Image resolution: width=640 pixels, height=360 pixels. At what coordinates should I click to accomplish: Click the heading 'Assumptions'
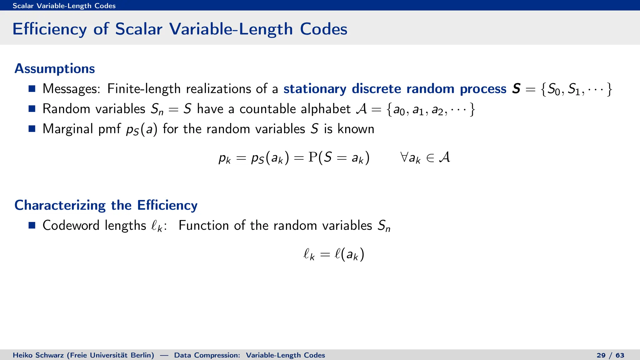(x=55, y=69)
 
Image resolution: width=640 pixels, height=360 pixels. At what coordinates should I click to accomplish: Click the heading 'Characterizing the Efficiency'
(x=106, y=205)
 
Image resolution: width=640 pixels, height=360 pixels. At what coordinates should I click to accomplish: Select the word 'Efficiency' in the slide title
(x=49, y=29)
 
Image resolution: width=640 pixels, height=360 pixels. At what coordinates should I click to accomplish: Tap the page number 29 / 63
(x=610, y=355)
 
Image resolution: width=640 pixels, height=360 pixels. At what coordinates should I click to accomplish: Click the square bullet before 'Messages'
(x=32, y=89)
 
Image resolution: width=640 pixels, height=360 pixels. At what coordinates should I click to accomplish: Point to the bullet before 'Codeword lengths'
(x=32, y=225)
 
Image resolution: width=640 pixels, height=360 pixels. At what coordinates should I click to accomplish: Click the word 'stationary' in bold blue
(x=315, y=89)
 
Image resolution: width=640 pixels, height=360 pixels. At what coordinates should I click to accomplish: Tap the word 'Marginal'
(x=68, y=129)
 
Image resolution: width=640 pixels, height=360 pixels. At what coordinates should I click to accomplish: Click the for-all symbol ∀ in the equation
(x=404, y=157)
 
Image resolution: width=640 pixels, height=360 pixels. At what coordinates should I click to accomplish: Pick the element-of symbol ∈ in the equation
(x=430, y=158)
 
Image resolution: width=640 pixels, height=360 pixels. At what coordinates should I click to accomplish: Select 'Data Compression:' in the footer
(x=207, y=355)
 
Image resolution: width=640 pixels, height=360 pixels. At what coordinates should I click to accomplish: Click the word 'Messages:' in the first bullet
(x=72, y=89)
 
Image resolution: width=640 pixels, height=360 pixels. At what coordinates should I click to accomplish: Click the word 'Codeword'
(x=71, y=225)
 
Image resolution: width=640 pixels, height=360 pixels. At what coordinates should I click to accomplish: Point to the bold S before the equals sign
(x=516, y=89)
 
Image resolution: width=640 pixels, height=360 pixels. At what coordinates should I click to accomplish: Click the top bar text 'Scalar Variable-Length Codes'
(x=64, y=6)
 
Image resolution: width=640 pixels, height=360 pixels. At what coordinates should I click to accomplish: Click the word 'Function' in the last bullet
(x=203, y=225)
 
